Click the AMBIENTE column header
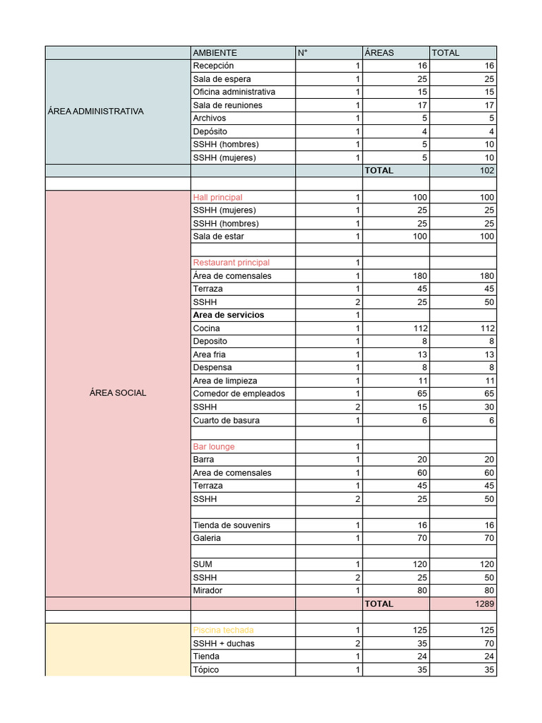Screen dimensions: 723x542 tap(215, 53)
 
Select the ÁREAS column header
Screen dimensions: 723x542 tap(380, 53)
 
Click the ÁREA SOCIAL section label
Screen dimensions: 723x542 tap(118, 393)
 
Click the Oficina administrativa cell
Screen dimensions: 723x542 tap(234, 92)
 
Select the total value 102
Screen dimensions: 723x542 tap(486, 171)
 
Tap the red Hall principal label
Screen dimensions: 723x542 tap(217, 198)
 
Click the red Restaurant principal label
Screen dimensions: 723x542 tap(231, 263)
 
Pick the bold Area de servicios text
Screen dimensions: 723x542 tap(229, 315)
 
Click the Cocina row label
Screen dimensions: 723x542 tap(206, 328)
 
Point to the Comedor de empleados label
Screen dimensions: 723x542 tap(239, 393)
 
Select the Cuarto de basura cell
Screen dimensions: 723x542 tap(227, 420)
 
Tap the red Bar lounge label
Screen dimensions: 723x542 tap(214, 447)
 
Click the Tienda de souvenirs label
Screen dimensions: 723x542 tap(231, 525)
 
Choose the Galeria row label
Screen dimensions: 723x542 tap(207, 538)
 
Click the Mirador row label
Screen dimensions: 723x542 tap(207, 590)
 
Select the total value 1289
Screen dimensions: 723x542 tap(484, 604)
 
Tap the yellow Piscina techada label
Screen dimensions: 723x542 tap(223, 630)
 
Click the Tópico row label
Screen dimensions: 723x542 tap(206, 669)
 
